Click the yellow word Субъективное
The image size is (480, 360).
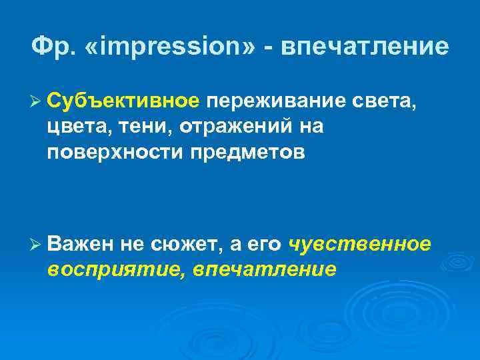point(123,101)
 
